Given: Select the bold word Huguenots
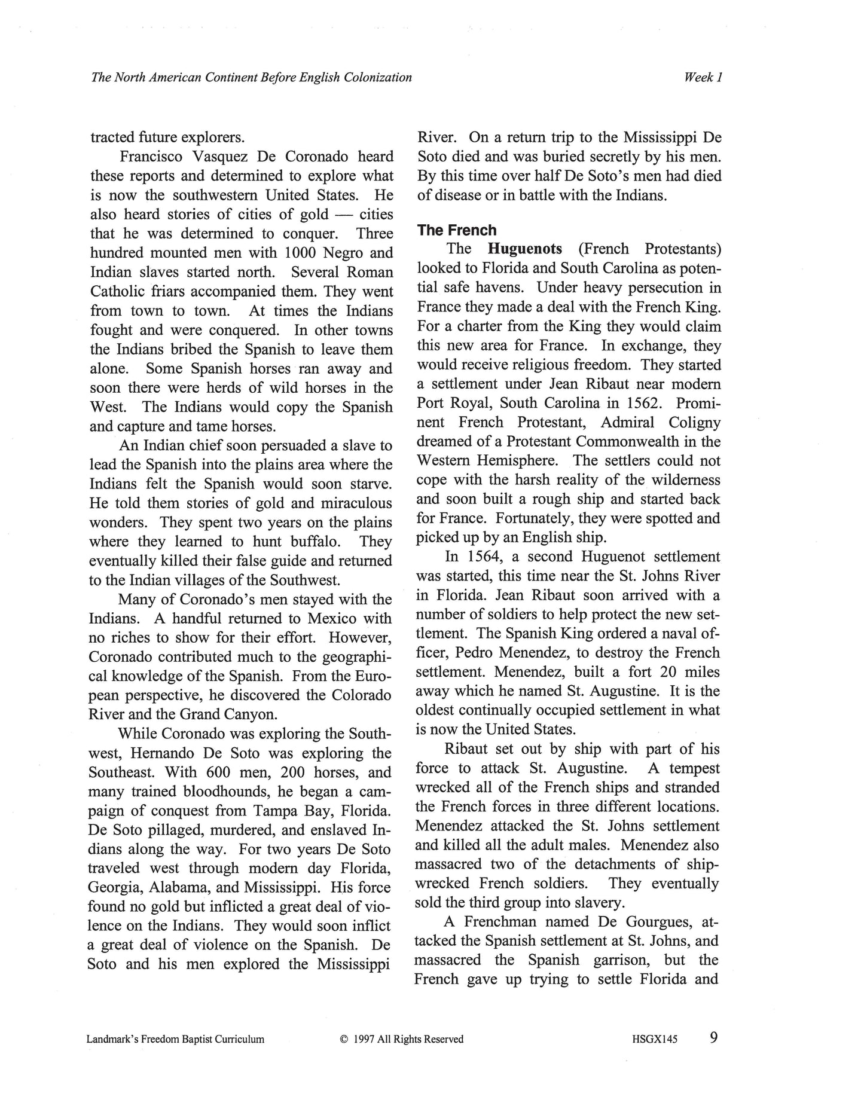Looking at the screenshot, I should click(524, 249).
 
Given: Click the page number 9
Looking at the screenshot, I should click(713, 1038).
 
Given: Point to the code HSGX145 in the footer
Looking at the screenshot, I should click(654, 1040).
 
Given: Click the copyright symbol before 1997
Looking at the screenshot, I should click(343, 1040).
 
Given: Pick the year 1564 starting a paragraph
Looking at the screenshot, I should click(486, 557).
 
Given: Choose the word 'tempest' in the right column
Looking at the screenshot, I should click(694, 768).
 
